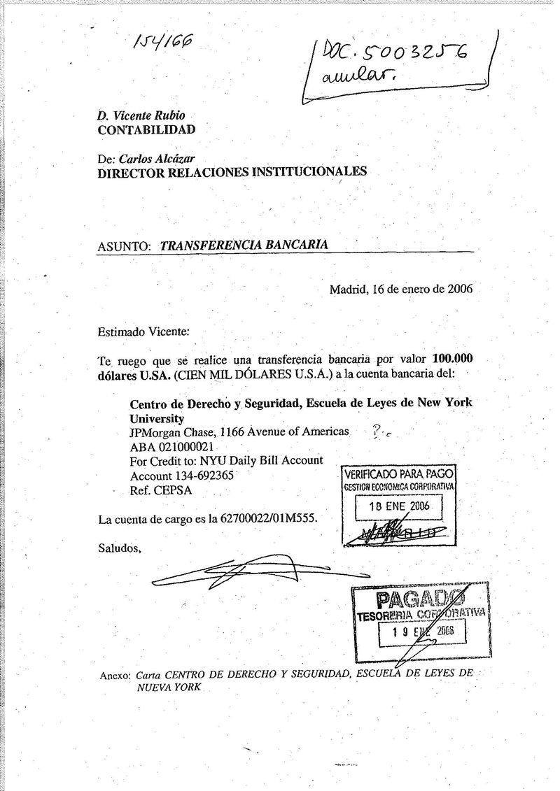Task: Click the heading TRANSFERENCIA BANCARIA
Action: point(244,245)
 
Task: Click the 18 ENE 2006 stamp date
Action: point(399,506)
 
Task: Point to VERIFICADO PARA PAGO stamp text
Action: point(399,474)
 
